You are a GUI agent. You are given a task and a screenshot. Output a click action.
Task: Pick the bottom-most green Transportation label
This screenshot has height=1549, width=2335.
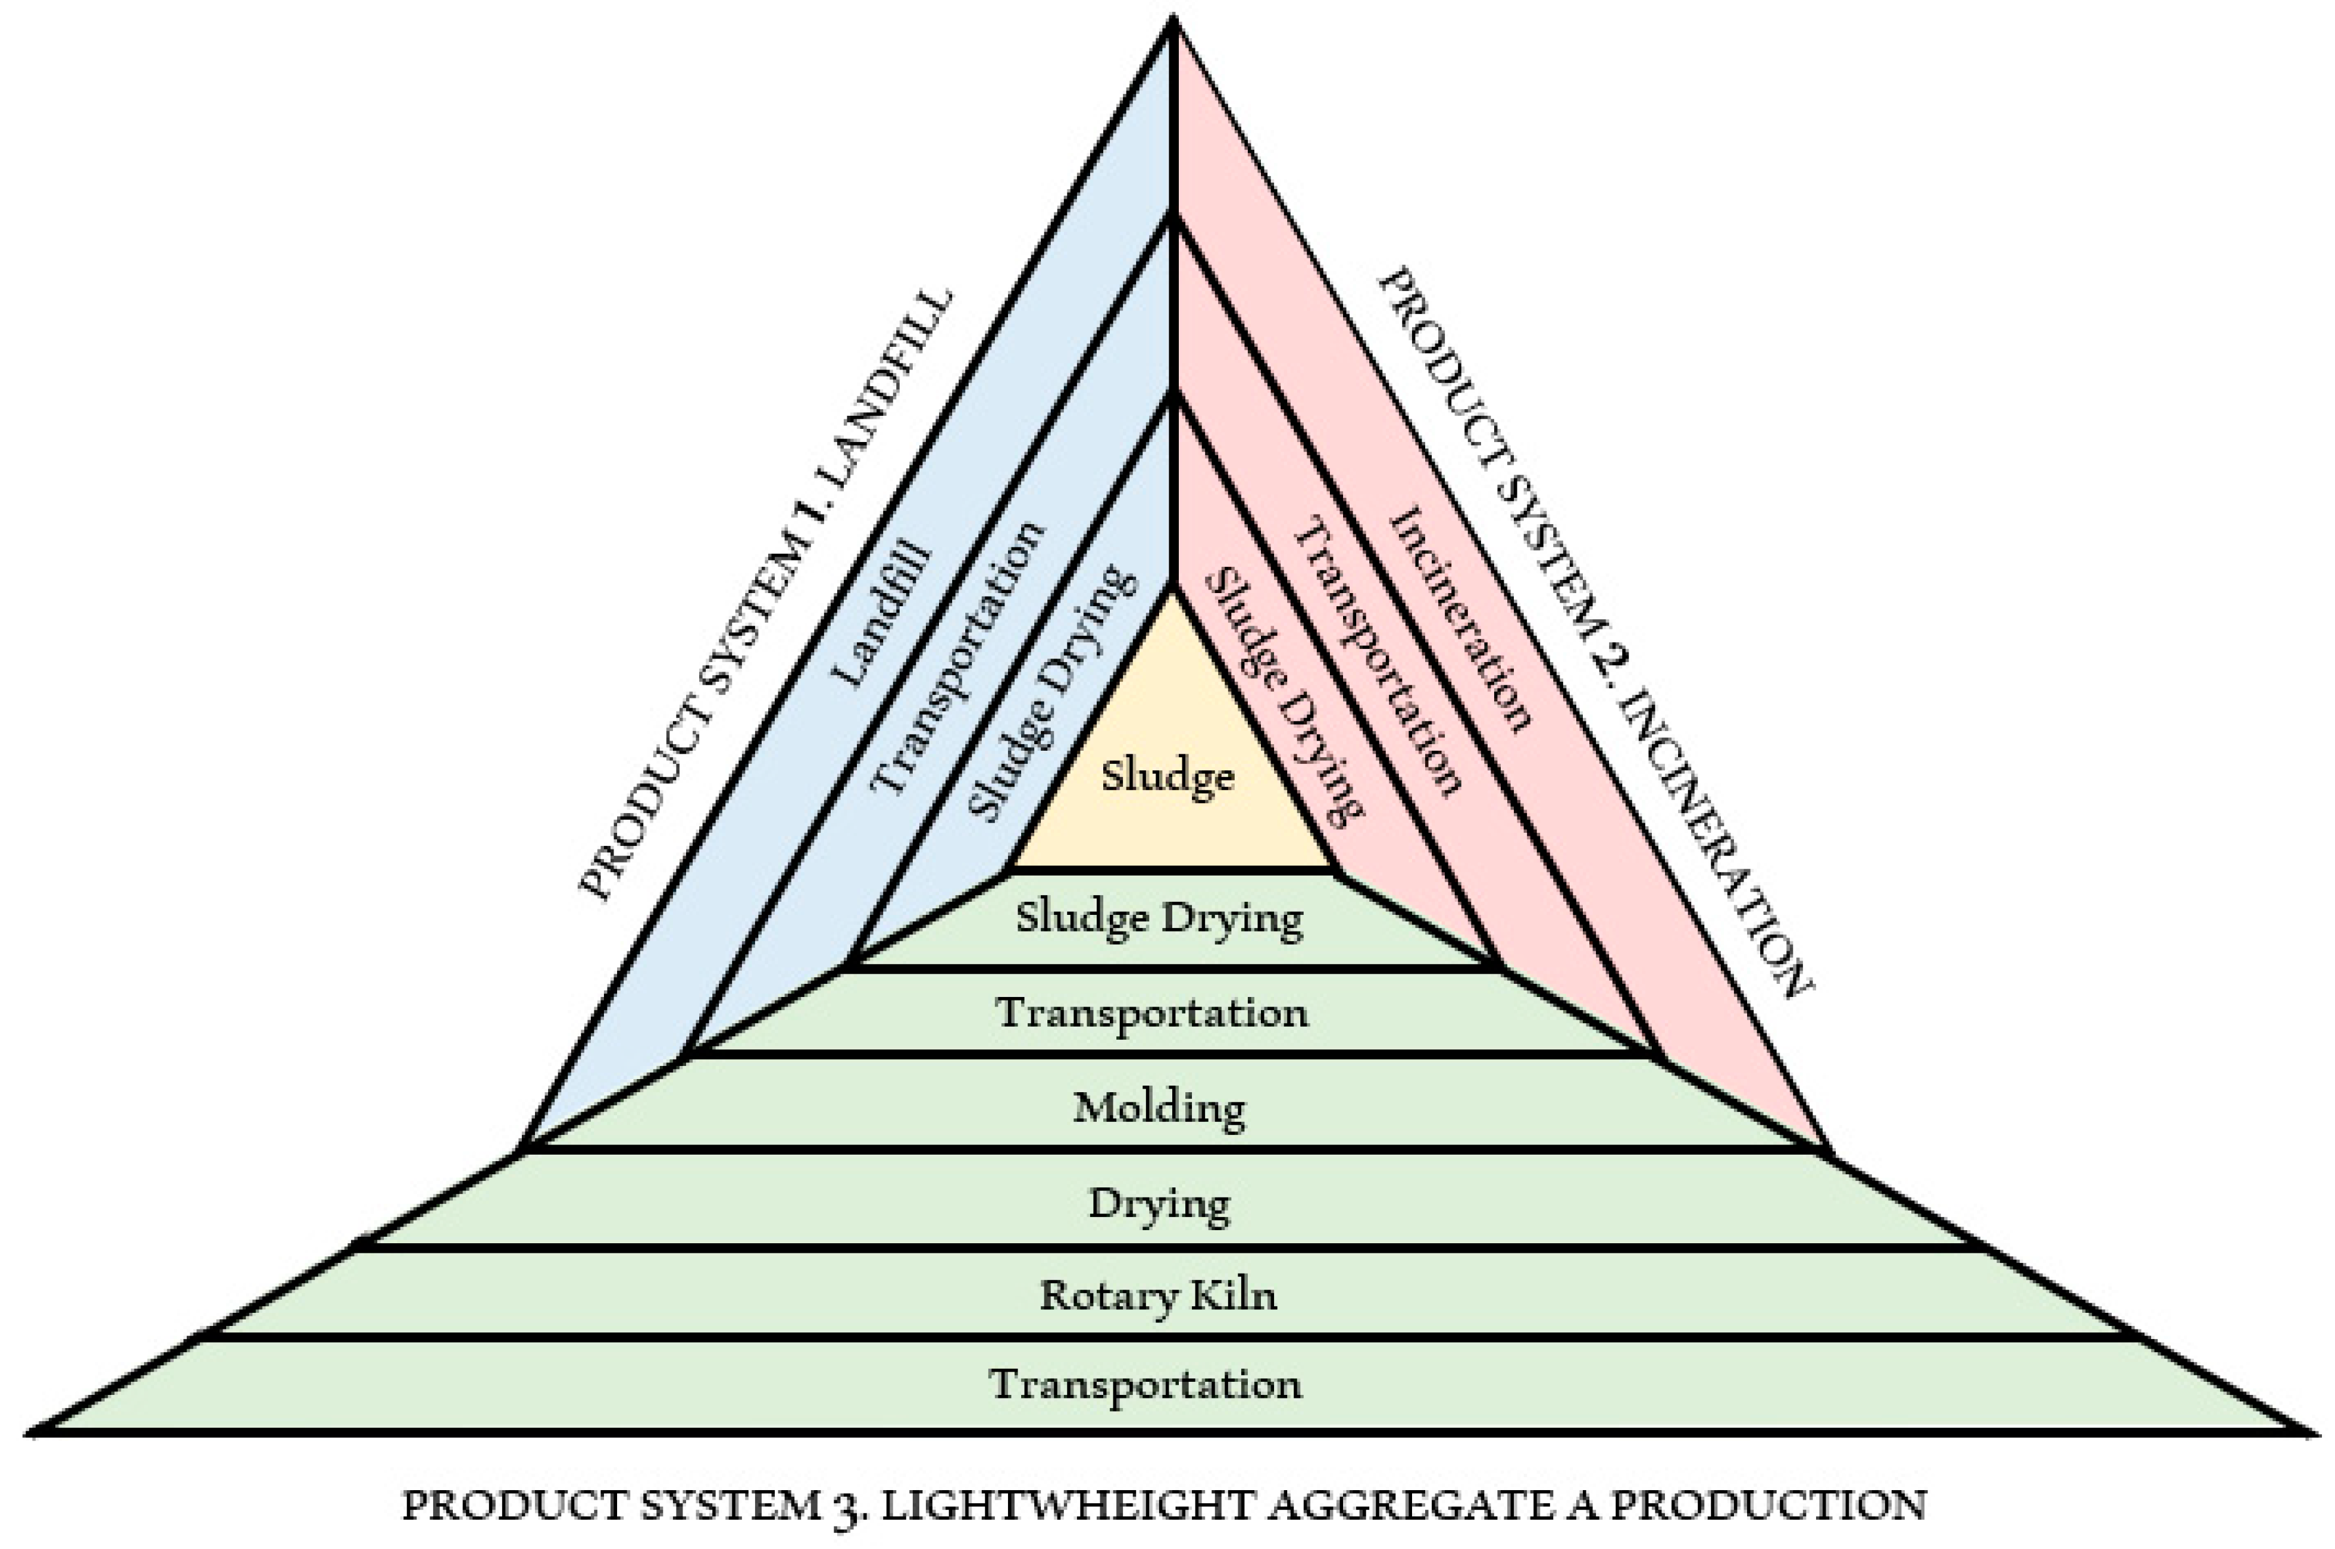[x=1146, y=1384]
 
